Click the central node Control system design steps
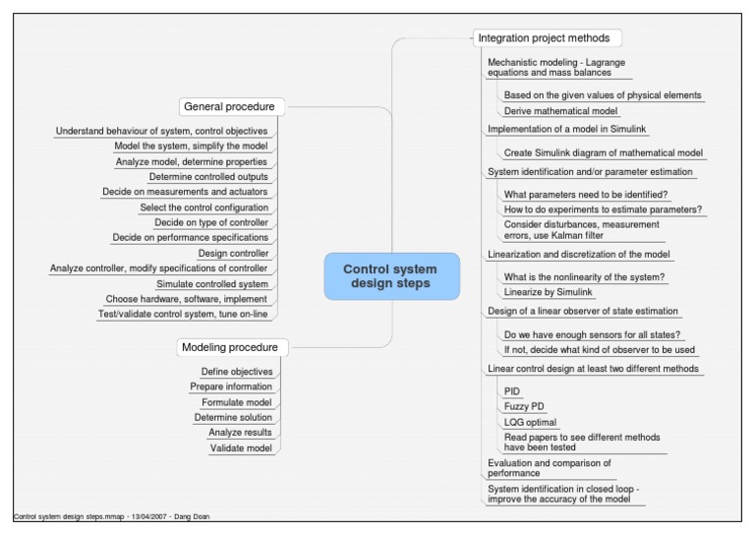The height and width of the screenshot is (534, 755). (x=391, y=276)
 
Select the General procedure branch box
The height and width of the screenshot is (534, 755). (x=228, y=106)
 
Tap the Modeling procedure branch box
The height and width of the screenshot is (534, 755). (x=230, y=347)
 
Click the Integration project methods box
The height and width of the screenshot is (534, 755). (x=543, y=38)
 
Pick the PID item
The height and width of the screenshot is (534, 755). (x=512, y=390)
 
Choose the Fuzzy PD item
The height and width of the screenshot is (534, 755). (x=523, y=406)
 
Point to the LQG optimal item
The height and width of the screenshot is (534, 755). (x=530, y=422)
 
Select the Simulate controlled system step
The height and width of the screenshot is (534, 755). (x=211, y=283)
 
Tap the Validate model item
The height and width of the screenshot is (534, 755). (x=241, y=448)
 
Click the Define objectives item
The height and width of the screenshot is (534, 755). (x=236, y=371)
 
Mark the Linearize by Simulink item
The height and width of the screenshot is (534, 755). (x=550, y=292)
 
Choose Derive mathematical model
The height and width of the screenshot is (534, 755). (x=560, y=111)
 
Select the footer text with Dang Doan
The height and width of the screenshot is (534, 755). (x=111, y=516)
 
